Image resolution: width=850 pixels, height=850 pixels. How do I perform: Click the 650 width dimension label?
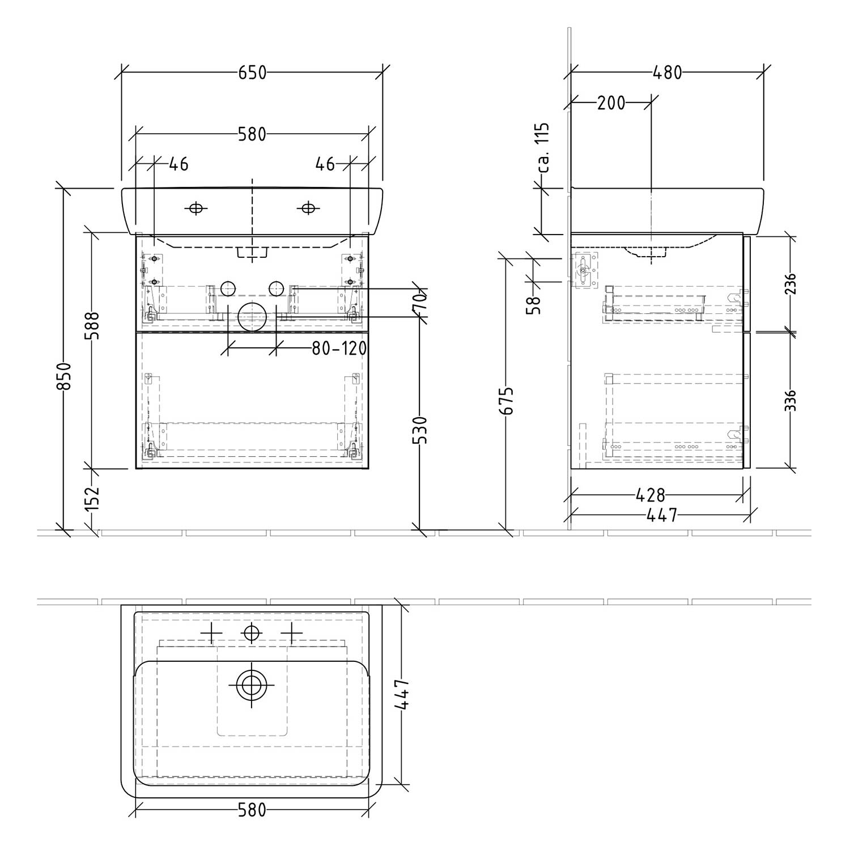click(x=252, y=73)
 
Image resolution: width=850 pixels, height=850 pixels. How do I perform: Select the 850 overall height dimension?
click(x=64, y=376)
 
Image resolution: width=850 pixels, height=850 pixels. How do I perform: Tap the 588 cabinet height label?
click(x=92, y=325)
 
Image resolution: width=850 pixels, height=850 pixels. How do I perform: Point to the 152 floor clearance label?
click(x=92, y=499)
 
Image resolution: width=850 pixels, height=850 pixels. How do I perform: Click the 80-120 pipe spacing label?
click(x=339, y=348)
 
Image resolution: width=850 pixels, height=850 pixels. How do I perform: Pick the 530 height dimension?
click(x=419, y=430)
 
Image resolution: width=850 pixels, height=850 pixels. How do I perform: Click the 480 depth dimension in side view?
click(x=668, y=73)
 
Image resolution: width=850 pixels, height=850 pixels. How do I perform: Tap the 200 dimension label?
click(x=611, y=103)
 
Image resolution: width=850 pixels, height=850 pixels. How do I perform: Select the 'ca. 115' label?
click(x=543, y=148)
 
